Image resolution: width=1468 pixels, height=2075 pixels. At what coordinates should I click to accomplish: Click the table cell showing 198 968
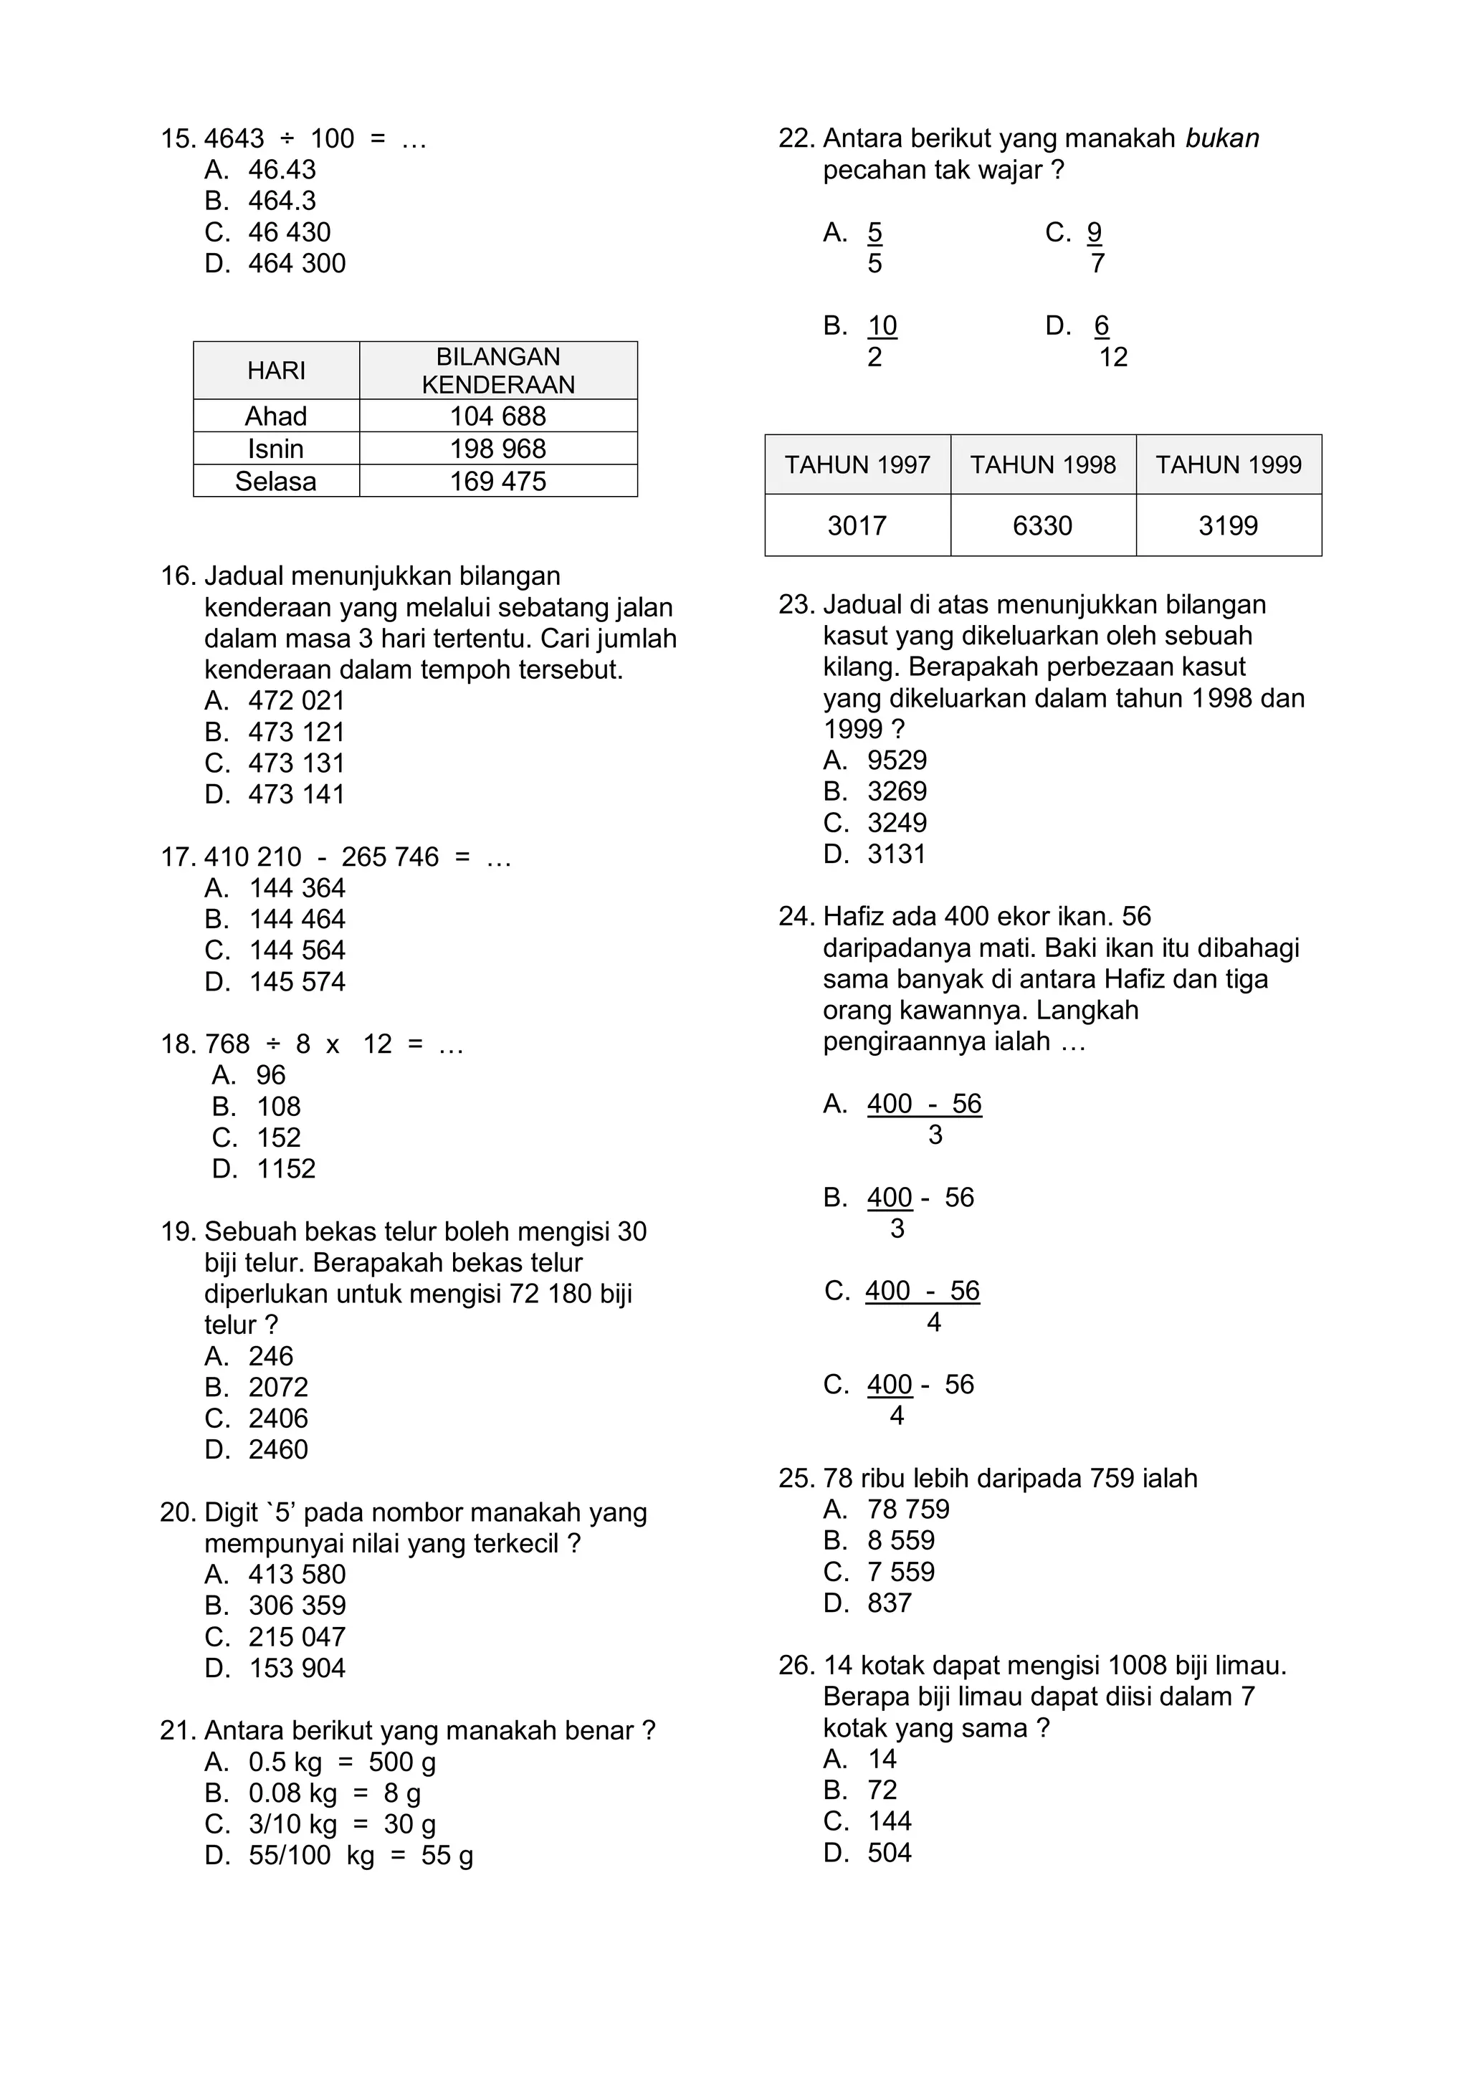click(498, 448)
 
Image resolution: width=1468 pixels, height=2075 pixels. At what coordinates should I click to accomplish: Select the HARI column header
click(276, 371)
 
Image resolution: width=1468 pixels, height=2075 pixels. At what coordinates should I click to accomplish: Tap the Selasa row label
click(276, 481)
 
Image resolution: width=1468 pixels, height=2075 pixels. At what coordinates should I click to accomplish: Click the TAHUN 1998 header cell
click(1042, 464)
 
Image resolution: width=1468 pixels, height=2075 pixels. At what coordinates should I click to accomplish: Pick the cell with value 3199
click(1228, 525)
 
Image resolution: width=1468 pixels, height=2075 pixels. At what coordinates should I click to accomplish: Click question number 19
click(178, 1231)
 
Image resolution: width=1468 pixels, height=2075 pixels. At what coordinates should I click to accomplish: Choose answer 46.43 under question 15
click(282, 170)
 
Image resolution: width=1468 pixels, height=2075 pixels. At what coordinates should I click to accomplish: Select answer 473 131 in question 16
click(297, 763)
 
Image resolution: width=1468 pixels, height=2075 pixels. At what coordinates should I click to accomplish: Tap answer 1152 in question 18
click(286, 1168)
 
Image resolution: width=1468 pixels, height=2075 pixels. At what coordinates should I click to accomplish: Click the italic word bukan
click(1222, 138)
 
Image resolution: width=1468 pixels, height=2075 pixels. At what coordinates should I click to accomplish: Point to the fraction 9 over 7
click(1095, 247)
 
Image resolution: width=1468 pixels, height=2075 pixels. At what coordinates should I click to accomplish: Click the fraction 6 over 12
click(1108, 340)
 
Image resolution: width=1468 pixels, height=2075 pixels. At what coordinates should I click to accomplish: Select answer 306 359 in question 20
click(297, 1605)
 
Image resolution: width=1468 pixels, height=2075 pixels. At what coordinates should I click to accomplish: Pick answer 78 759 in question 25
click(907, 1509)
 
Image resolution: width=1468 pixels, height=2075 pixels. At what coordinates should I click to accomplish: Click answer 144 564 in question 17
click(297, 950)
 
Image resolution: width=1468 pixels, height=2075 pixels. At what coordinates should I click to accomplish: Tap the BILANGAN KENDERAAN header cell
click(498, 371)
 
